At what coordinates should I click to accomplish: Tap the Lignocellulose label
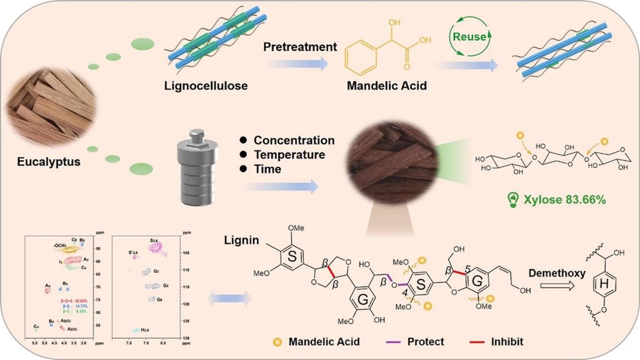click(x=206, y=86)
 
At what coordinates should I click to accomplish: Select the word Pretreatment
click(x=300, y=47)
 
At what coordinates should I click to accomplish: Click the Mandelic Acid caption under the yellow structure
click(x=387, y=86)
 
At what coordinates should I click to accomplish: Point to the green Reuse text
click(x=469, y=37)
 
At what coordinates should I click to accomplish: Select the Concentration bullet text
click(x=293, y=141)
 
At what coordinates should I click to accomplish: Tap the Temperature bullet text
click(x=289, y=155)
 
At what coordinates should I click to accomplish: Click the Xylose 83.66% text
click(x=565, y=200)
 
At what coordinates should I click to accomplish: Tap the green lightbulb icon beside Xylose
click(x=512, y=200)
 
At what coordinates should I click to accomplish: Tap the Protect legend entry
click(x=424, y=342)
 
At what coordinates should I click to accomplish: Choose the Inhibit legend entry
click(x=506, y=342)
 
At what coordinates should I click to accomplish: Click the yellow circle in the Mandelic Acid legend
click(x=275, y=342)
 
